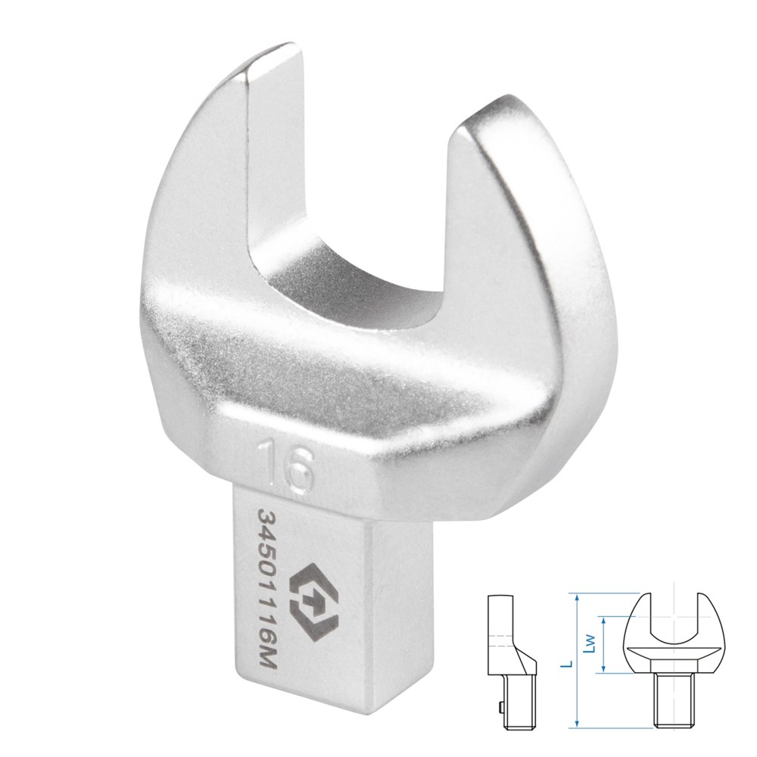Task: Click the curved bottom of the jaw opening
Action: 347,285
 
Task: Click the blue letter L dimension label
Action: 570,665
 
